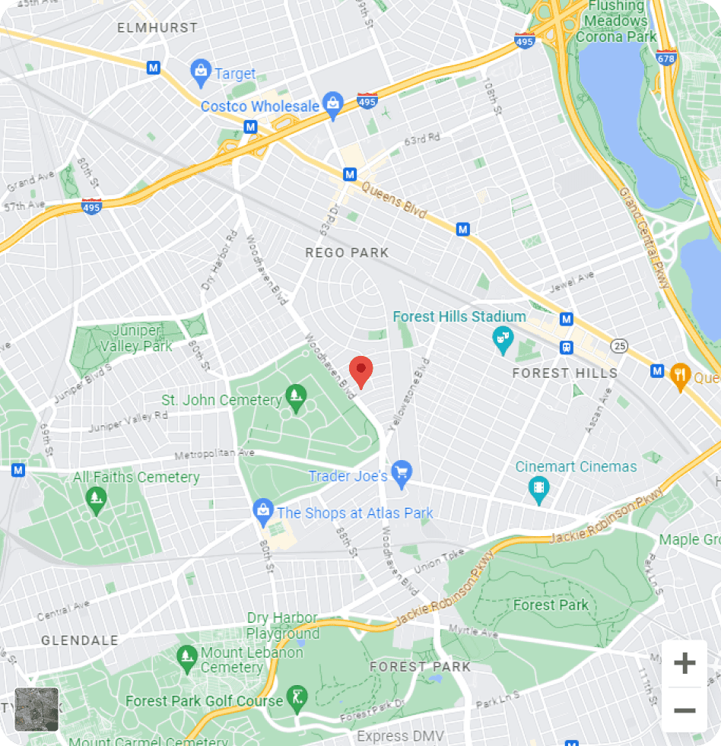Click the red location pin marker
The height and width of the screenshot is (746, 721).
click(360, 371)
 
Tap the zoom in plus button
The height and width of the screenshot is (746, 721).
click(684, 663)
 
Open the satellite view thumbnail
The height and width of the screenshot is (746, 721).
click(37, 709)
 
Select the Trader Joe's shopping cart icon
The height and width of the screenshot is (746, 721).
click(402, 474)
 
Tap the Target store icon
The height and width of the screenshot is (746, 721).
click(201, 72)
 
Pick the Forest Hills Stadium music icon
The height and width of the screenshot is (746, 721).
click(503, 339)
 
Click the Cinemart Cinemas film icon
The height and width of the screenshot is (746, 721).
click(539, 488)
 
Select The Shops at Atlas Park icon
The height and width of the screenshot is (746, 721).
click(263, 512)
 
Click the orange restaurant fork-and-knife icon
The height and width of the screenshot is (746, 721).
click(679, 375)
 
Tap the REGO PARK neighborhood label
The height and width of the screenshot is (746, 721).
click(347, 252)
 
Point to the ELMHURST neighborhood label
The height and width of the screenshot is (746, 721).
click(157, 27)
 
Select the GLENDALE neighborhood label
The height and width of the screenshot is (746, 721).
click(80, 640)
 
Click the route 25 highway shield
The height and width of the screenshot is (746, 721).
click(620, 347)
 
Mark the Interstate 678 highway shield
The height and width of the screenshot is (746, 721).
click(666, 57)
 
